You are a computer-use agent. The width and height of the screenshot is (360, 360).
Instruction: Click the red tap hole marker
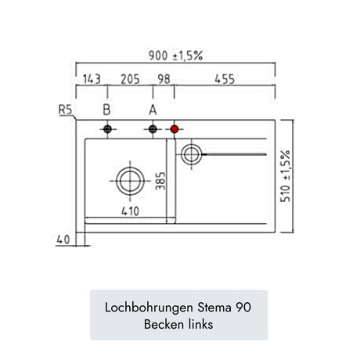(x=175, y=129)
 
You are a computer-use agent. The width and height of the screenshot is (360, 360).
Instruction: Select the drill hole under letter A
(x=153, y=129)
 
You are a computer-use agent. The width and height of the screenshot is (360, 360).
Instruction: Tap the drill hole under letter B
(x=107, y=129)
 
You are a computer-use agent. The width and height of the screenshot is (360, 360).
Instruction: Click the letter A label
(x=153, y=110)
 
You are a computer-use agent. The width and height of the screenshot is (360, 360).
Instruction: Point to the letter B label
(x=106, y=110)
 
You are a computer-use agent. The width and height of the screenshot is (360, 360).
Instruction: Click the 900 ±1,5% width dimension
(x=175, y=56)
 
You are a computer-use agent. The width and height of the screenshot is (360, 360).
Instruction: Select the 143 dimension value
(x=92, y=79)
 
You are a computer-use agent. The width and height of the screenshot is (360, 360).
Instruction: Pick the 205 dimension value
(x=130, y=79)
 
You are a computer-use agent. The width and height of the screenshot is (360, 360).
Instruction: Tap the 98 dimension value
(x=164, y=79)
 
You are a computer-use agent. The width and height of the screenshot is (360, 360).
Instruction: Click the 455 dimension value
(x=225, y=79)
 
